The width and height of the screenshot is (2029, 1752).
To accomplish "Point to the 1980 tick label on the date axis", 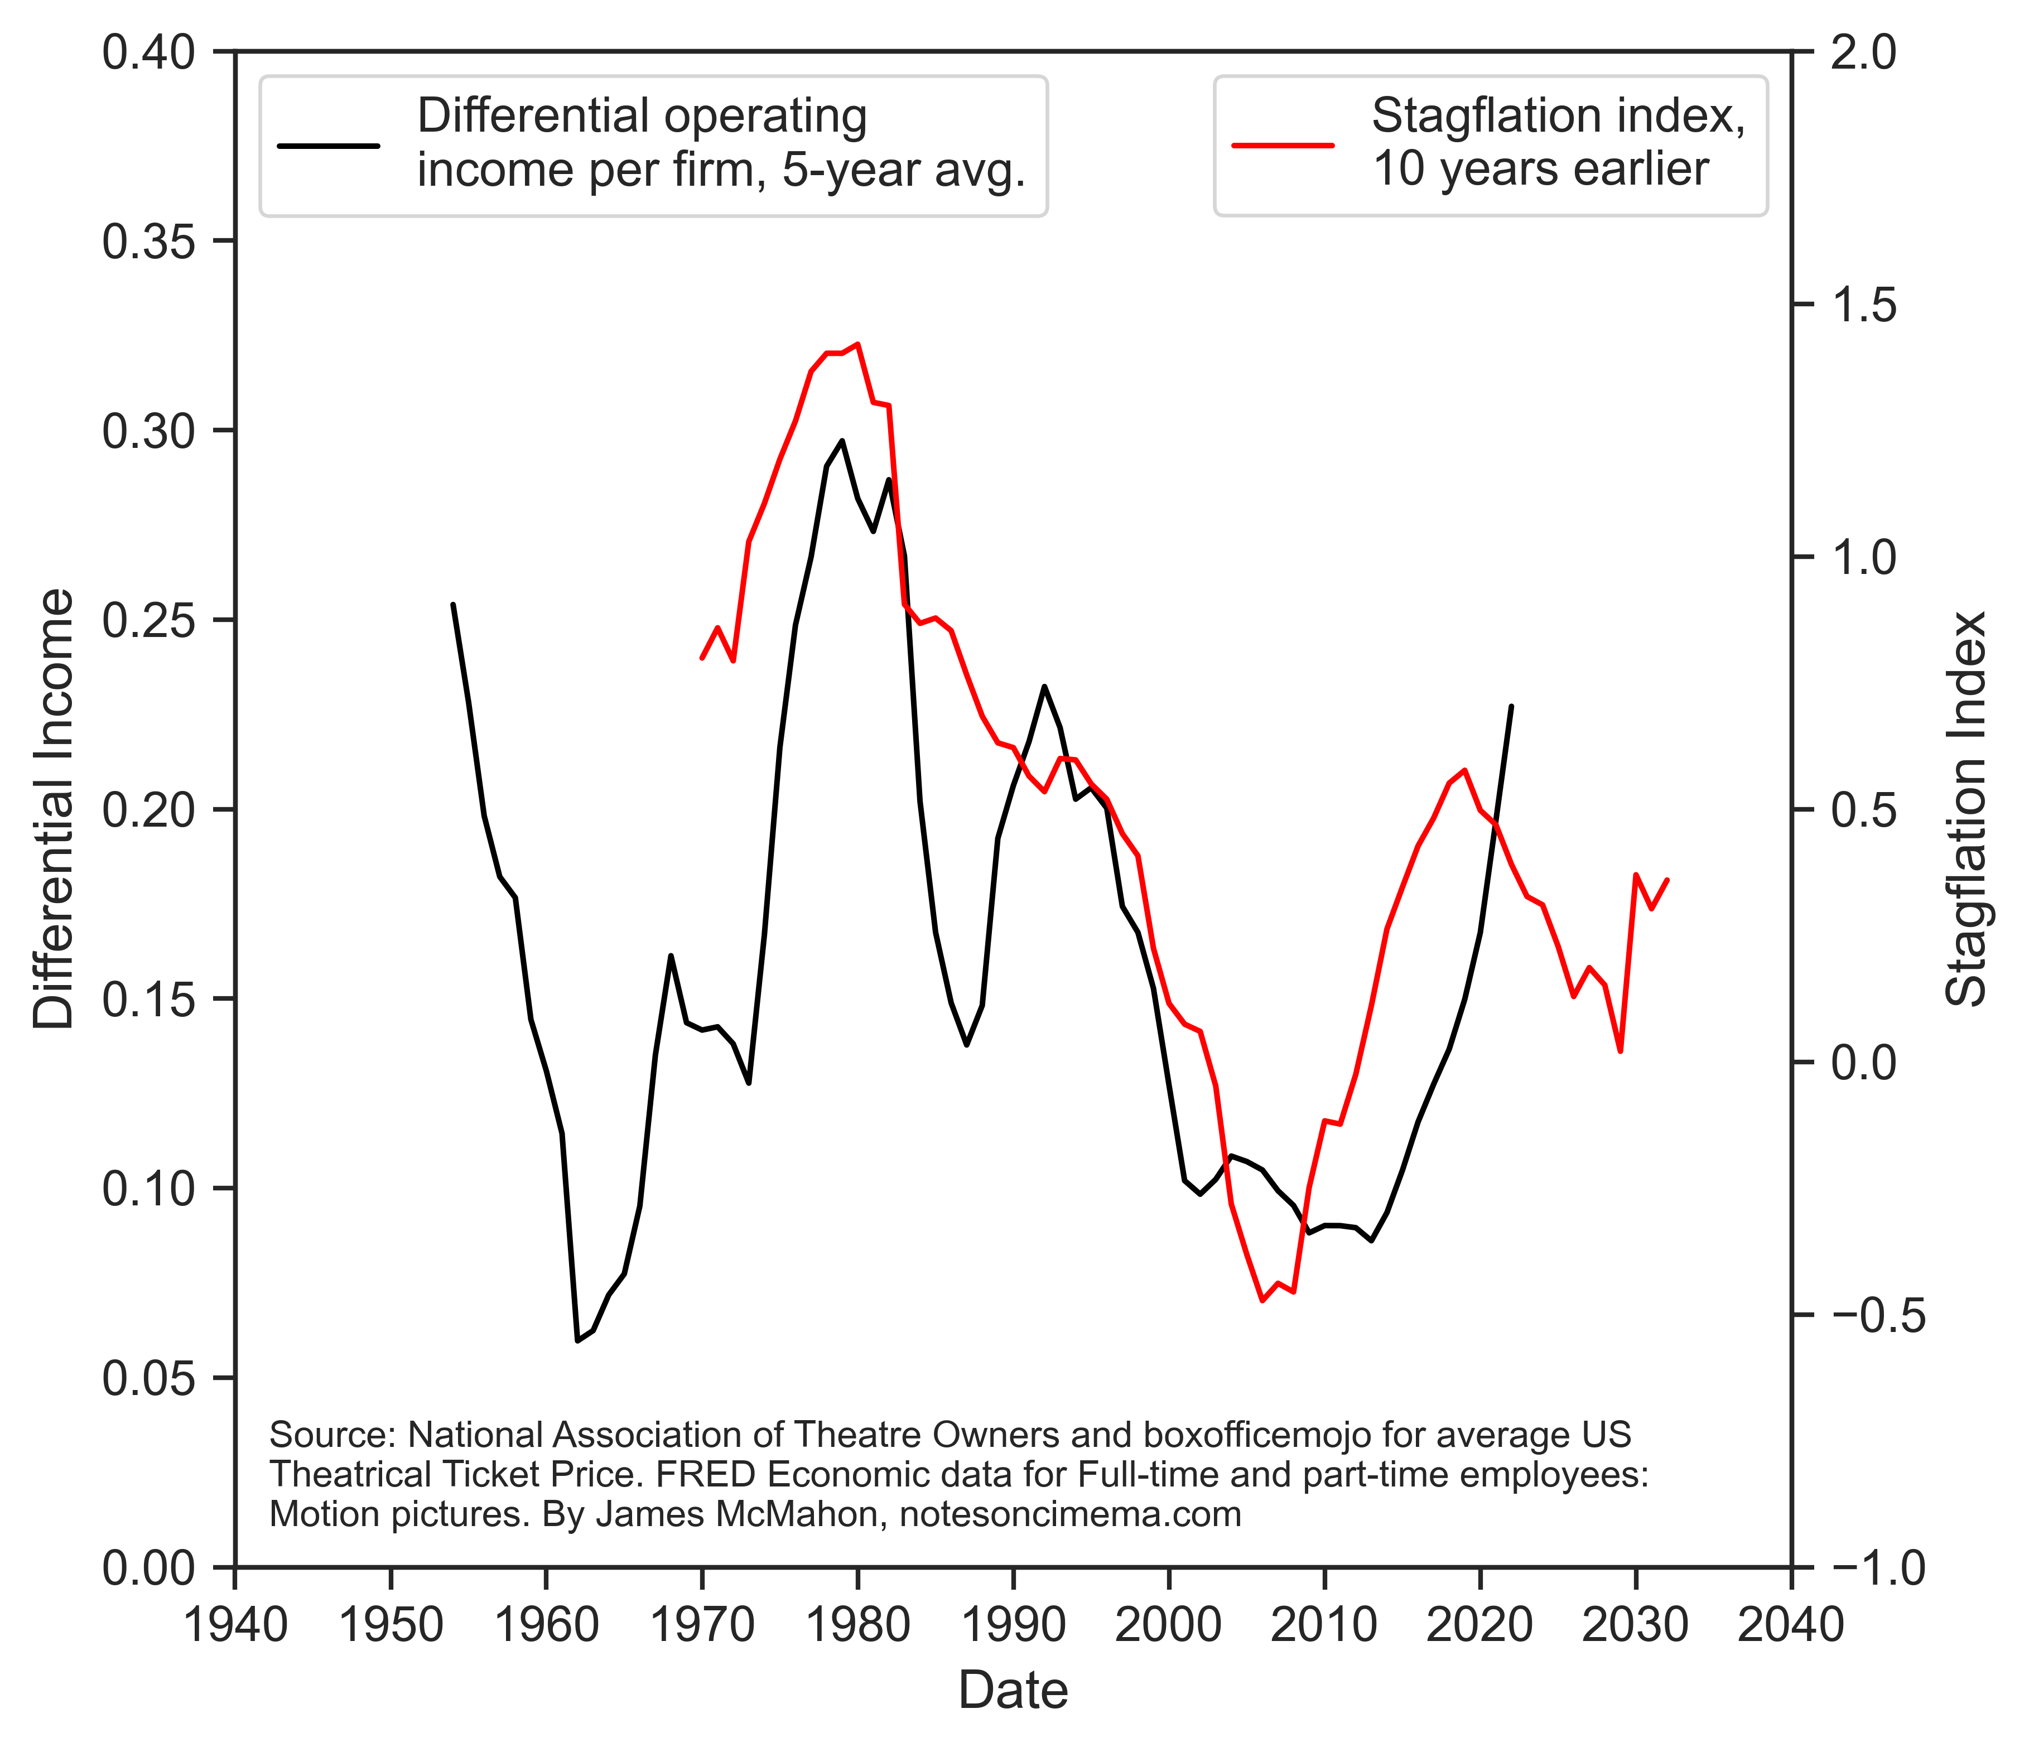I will (x=858, y=1626).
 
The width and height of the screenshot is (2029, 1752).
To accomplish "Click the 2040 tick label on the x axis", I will (x=1791, y=1626).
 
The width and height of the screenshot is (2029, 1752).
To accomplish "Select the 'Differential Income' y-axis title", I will (x=54, y=809).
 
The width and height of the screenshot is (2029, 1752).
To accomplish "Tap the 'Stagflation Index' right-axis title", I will (x=1965, y=809).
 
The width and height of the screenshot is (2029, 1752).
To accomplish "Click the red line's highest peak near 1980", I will (x=858, y=344).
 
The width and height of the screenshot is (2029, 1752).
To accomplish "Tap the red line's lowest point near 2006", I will (x=1262, y=1301).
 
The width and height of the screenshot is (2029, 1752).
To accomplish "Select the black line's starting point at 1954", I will (x=452, y=604).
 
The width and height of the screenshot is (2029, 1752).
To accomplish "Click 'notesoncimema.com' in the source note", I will (x=1071, y=1514).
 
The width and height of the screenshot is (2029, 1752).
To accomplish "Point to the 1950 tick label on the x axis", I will (x=391, y=1626).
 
